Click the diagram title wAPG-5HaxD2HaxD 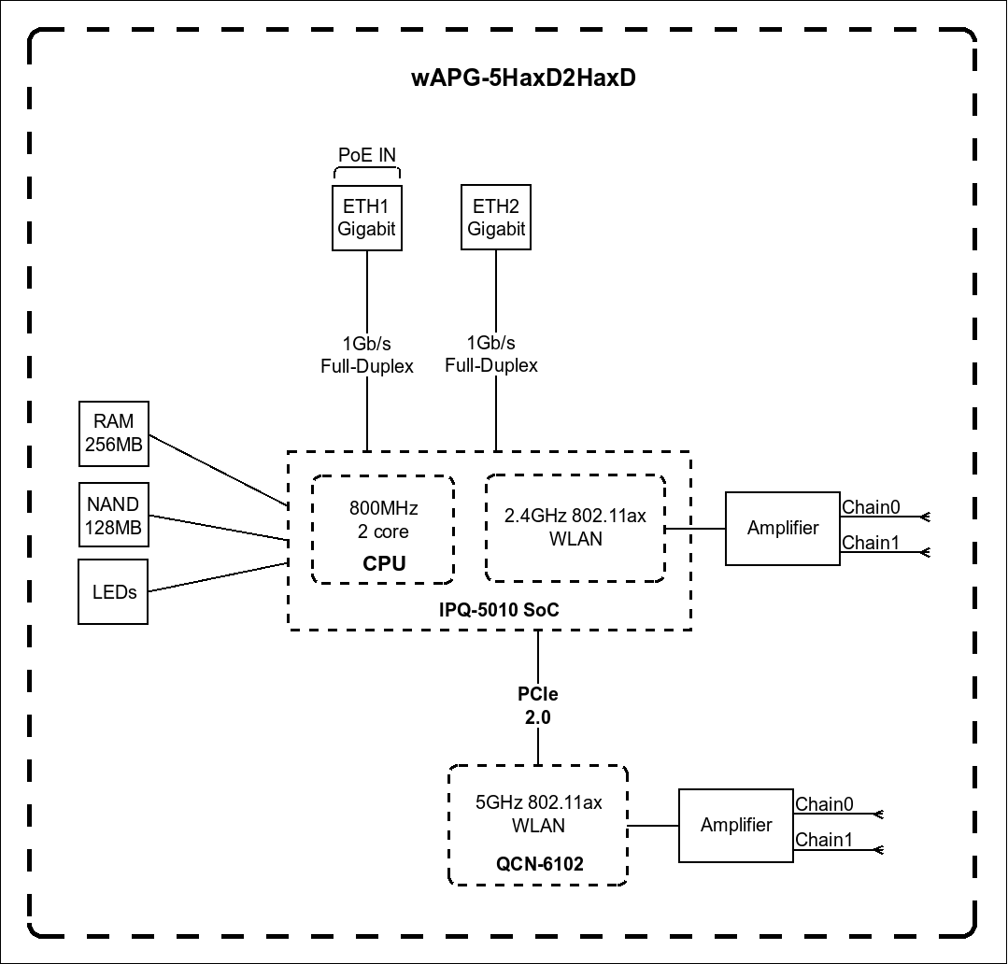pyautogui.click(x=523, y=78)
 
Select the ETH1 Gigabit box pyautogui.click(x=367, y=218)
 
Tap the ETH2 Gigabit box pyautogui.click(x=496, y=218)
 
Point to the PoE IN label pyautogui.click(x=367, y=155)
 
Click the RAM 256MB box pyautogui.click(x=113, y=434)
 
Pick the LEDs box pyautogui.click(x=114, y=591)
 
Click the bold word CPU pyautogui.click(x=383, y=564)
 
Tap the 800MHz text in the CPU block pyautogui.click(x=383, y=509)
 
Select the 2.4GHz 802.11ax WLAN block pyautogui.click(x=575, y=528)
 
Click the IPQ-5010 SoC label pyautogui.click(x=499, y=610)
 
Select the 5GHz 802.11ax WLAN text pyautogui.click(x=538, y=814)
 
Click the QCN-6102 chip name pyautogui.click(x=539, y=864)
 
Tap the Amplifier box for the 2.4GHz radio pyautogui.click(x=783, y=528)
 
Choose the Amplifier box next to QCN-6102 pyautogui.click(x=736, y=825)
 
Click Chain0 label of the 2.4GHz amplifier pyautogui.click(x=871, y=507)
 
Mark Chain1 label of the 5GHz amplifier pyautogui.click(x=823, y=840)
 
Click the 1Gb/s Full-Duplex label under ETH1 pyautogui.click(x=367, y=355)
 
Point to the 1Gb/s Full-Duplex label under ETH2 pyautogui.click(x=491, y=355)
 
